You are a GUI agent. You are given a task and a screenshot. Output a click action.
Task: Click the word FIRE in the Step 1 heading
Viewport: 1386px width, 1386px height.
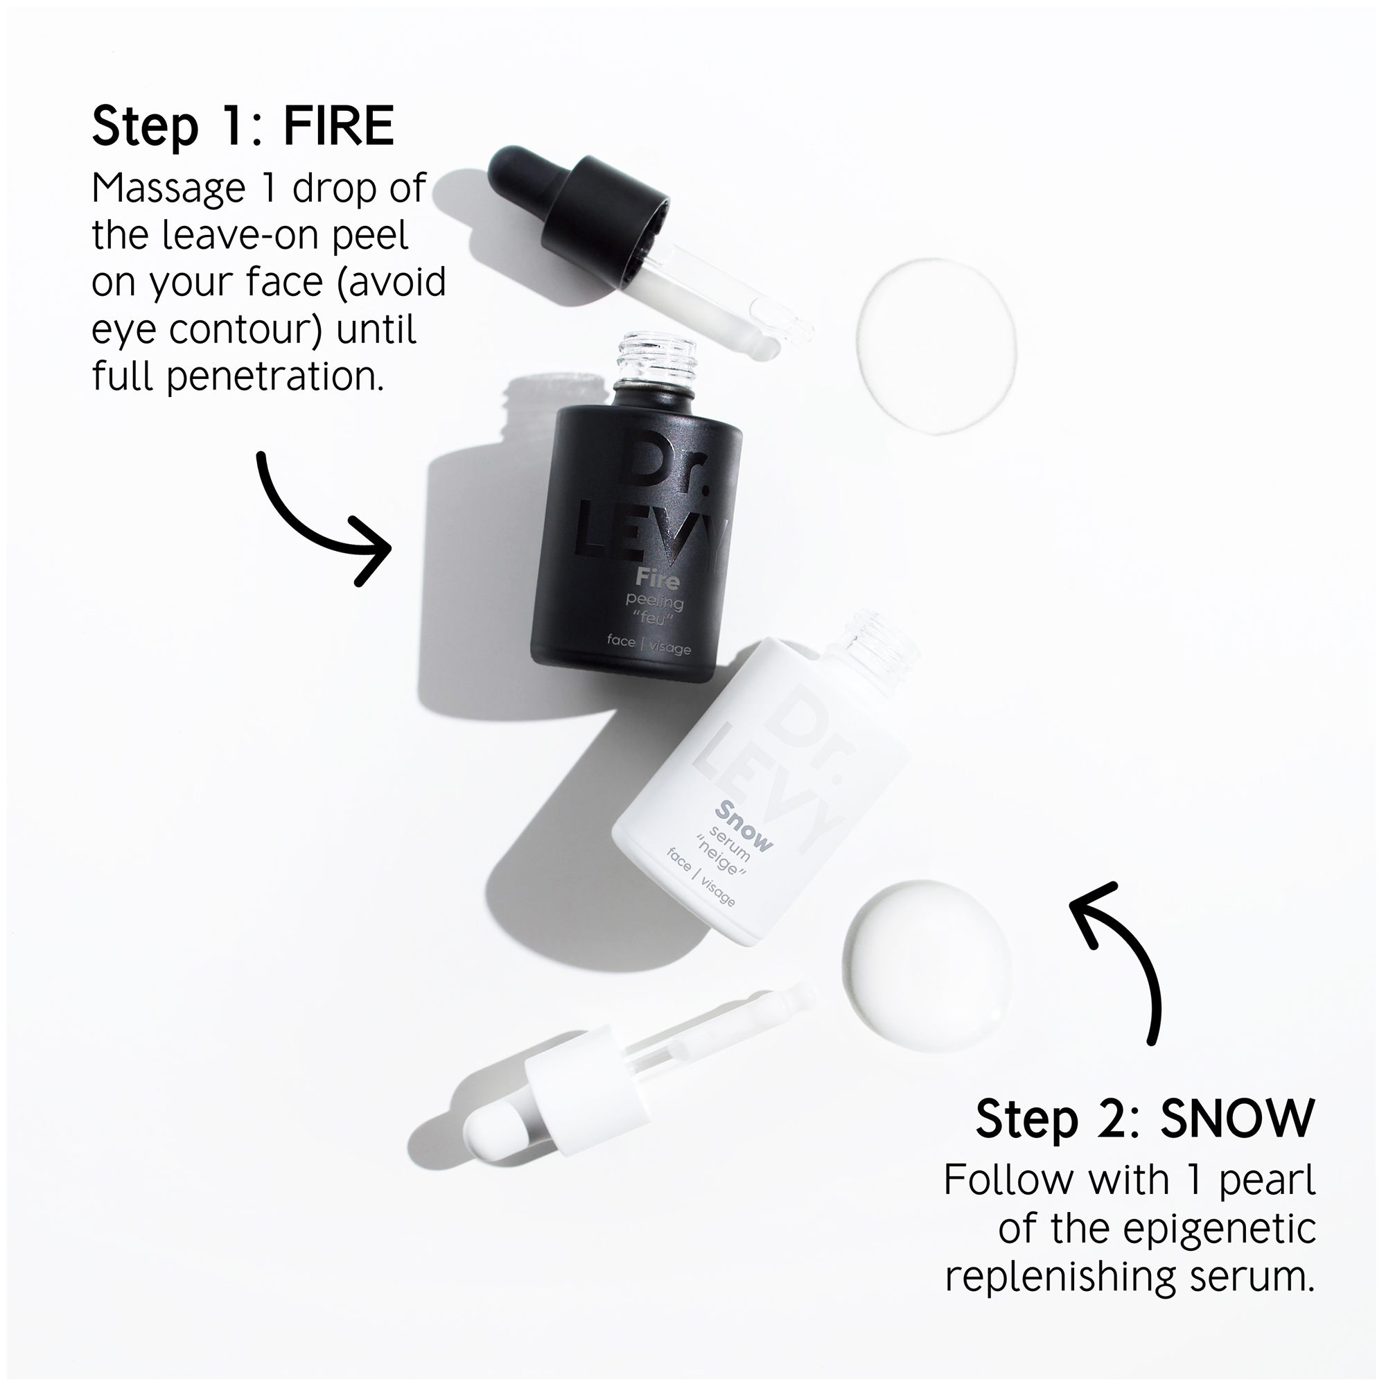[339, 125]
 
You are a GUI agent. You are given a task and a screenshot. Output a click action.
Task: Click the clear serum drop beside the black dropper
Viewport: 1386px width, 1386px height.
[936, 345]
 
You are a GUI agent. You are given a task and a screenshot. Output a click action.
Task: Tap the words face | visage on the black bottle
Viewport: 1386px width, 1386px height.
[649, 644]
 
